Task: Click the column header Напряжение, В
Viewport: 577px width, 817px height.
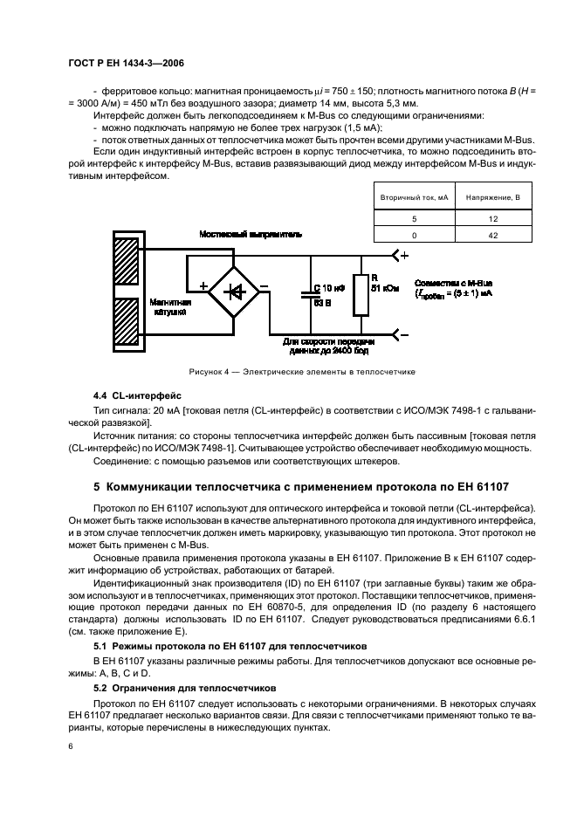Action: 492,199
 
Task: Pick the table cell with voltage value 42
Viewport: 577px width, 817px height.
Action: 492,235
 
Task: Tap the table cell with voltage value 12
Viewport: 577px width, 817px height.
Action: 492,218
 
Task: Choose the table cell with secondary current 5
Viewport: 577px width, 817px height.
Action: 415,218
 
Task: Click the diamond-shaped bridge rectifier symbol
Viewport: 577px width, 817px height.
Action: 234,293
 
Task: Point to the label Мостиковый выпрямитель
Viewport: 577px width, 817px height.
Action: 251,235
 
